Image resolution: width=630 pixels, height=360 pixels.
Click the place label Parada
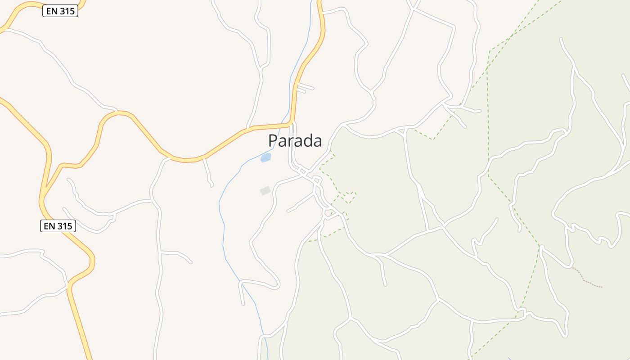coord(295,141)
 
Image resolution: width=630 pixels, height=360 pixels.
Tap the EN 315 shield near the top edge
coord(60,11)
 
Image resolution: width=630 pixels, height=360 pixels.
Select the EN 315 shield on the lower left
coord(58,226)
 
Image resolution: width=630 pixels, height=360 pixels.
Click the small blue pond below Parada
coord(266,157)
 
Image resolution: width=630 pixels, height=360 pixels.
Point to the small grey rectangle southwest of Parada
coord(265,191)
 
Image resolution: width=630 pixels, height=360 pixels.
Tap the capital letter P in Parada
coord(273,141)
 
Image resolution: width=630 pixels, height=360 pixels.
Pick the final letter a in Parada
coord(317,142)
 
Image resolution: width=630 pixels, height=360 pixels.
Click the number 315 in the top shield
coord(67,11)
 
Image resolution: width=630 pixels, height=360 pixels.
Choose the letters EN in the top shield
coord(52,11)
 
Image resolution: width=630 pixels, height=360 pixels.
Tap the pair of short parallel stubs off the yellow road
coord(304,87)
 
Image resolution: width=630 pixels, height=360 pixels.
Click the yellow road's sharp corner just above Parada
coord(292,121)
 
